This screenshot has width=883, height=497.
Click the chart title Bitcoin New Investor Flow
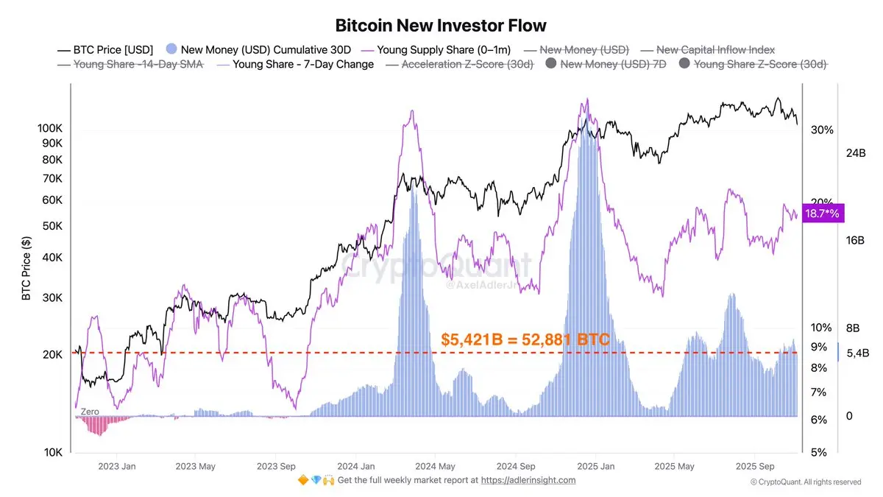pyautogui.click(x=441, y=26)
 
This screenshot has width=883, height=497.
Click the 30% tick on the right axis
pyautogui.click(x=822, y=130)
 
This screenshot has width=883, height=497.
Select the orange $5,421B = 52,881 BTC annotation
pyautogui.click(x=525, y=340)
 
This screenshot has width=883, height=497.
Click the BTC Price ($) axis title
pyautogui.click(x=26, y=269)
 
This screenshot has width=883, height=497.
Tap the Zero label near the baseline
pyautogui.click(x=90, y=412)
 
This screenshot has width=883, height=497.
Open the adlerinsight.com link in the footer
pyautogui.click(x=528, y=480)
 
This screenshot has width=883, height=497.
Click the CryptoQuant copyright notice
pyautogui.click(x=805, y=482)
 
